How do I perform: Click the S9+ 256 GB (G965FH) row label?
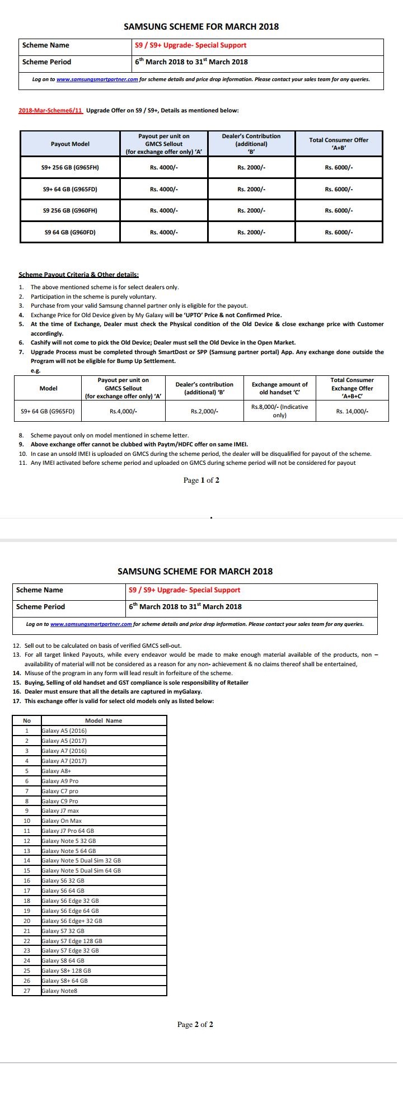(70, 167)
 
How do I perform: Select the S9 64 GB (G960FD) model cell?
(70, 232)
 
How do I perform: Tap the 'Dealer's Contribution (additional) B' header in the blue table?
(251, 144)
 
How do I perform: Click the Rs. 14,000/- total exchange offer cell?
(352, 411)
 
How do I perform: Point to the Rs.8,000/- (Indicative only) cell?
(279, 411)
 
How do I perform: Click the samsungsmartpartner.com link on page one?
(97, 79)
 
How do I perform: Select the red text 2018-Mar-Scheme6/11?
(50, 110)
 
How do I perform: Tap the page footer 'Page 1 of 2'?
(201, 480)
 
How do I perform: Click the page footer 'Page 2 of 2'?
(195, 1025)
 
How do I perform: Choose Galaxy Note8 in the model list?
(59, 991)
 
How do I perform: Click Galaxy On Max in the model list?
(62, 821)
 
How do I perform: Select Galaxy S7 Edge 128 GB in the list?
(72, 941)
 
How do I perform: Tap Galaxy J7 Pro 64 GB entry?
(68, 831)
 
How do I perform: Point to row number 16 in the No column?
(26, 880)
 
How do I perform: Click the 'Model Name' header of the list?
(104, 720)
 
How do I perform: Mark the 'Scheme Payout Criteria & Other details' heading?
(78, 275)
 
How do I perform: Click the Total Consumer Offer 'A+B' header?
(339, 144)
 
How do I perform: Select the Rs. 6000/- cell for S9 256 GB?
(339, 210)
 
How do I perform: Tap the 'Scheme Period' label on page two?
(40, 606)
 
